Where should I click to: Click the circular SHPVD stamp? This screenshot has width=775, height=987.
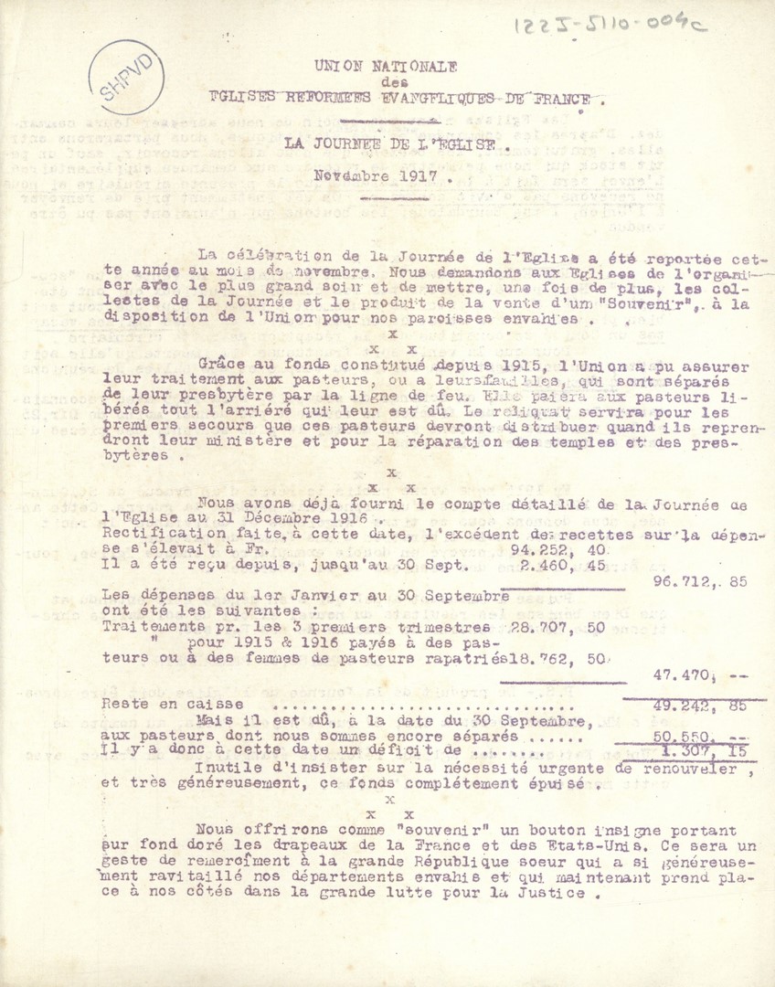coord(126,79)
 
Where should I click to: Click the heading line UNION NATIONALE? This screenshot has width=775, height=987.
coord(386,66)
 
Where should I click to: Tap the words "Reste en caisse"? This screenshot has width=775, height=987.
coord(173,705)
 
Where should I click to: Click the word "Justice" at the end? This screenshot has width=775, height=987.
coord(547,894)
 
